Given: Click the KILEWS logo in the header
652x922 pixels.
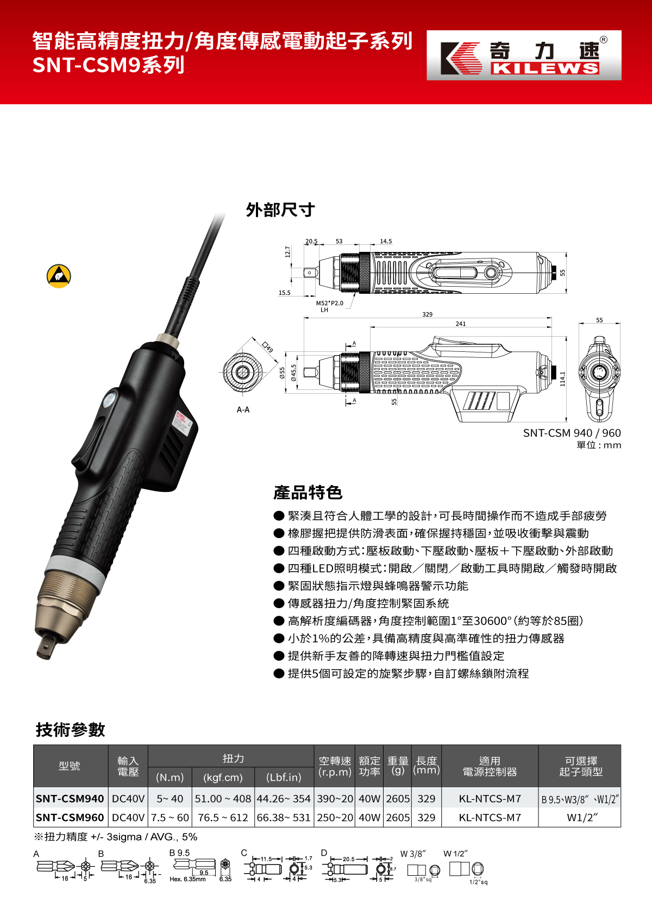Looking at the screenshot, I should [x=524, y=55].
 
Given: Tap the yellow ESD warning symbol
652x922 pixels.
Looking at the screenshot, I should [x=59, y=276].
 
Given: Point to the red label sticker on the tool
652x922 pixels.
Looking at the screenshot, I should [x=180, y=422].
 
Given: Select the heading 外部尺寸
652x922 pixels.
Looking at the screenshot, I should [x=280, y=210].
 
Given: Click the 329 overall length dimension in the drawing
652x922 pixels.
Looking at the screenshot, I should [x=427, y=314].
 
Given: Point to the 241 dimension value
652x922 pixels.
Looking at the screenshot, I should [x=460, y=324].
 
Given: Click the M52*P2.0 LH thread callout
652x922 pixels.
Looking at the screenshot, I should [x=329, y=306].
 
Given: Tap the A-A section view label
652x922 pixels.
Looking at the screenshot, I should [x=243, y=410].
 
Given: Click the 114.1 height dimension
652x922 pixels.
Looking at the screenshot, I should [x=562, y=378].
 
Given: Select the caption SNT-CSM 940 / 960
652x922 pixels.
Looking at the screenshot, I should [x=572, y=433].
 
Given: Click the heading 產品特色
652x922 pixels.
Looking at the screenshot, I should [x=308, y=492].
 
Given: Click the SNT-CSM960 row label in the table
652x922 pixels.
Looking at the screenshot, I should [x=70, y=818].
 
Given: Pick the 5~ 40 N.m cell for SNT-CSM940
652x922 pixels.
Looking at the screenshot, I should [x=170, y=799].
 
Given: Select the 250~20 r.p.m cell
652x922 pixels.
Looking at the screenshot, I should [x=335, y=818].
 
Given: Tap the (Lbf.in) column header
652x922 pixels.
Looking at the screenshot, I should [x=284, y=778].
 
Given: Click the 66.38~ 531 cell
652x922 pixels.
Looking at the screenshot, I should [x=283, y=818].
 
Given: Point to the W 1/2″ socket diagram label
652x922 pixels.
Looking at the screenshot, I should [x=455, y=854].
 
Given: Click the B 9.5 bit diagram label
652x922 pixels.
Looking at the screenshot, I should [x=179, y=853].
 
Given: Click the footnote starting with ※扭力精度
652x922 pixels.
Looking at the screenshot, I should [x=116, y=837].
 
